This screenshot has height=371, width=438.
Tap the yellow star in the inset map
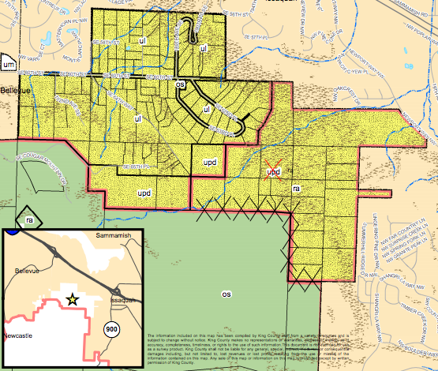click(73, 298)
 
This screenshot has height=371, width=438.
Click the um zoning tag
click(8, 64)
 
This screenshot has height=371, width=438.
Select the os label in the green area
click(227, 294)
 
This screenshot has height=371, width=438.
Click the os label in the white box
click(180, 84)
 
